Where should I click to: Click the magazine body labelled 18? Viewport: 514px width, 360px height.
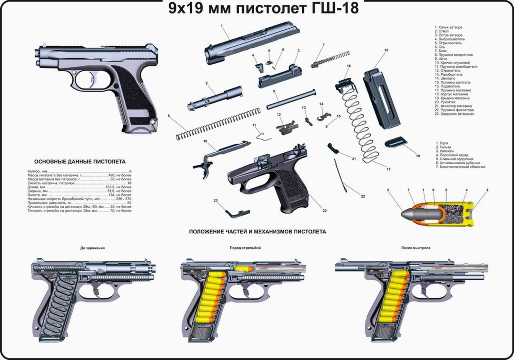(x=381, y=97)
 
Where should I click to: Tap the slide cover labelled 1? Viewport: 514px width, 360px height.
(x=252, y=43)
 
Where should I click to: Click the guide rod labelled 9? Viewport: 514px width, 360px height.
(x=291, y=99)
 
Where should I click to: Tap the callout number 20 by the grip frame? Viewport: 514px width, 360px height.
(x=324, y=211)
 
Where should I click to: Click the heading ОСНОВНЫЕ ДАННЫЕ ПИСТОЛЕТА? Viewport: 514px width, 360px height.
(x=80, y=162)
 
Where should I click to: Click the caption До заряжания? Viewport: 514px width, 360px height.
(x=93, y=248)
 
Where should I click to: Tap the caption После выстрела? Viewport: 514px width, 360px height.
(x=416, y=248)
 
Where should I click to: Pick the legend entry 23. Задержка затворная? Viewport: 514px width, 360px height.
(x=454, y=114)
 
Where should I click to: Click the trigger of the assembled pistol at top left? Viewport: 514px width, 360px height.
(x=94, y=79)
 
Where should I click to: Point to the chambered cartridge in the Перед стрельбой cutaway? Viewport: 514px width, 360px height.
(x=244, y=268)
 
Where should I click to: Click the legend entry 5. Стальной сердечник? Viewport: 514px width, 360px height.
(x=455, y=159)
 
